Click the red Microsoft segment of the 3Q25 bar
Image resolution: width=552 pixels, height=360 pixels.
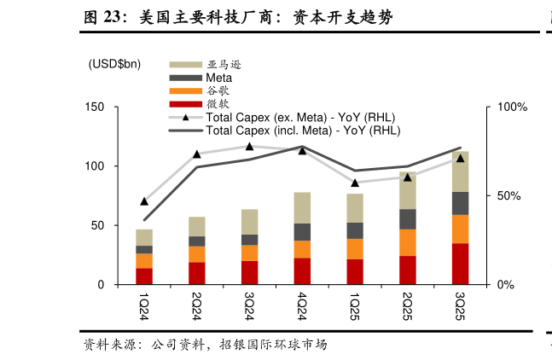coord(461,264)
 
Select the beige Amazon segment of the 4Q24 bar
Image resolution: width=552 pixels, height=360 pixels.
coord(302,207)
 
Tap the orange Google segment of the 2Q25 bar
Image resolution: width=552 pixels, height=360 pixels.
coord(408,242)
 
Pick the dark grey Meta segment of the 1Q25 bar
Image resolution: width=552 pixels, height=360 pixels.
coord(355,230)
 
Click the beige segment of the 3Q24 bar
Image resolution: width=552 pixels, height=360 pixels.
coord(249,222)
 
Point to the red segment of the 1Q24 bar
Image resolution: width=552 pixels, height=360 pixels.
coord(144,276)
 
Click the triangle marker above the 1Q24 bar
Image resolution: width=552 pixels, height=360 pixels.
coord(144,201)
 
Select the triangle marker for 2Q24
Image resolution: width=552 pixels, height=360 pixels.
coord(197,154)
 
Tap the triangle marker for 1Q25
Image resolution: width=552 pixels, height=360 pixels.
coord(355,183)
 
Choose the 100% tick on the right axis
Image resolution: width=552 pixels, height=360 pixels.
coord(513,107)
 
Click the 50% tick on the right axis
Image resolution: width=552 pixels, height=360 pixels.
coord(510,195)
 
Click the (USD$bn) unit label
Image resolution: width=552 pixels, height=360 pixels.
coord(114,64)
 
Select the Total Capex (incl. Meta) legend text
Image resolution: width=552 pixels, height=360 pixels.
coord(303,131)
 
